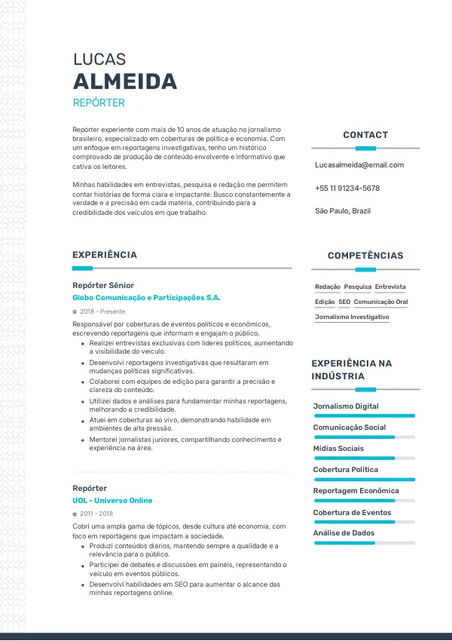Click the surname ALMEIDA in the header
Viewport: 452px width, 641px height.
pyautogui.click(x=125, y=81)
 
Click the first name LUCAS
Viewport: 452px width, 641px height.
pyautogui.click(x=99, y=60)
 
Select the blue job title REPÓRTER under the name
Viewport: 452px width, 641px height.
pyautogui.click(x=99, y=103)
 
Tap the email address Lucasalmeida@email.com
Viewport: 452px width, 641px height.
pyautogui.click(x=359, y=164)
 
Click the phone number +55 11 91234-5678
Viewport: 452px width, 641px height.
pyautogui.click(x=347, y=188)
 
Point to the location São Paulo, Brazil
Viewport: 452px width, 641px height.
pyautogui.click(x=343, y=211)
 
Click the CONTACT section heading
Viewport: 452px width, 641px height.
pyautogui.click(x=365, y=135)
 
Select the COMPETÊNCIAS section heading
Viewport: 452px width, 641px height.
pyautogui.click(x=365, y=256)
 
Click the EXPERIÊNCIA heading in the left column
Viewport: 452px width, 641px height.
pyautogui.click(x=105, y=255)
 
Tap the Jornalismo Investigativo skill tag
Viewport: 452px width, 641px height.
pyautogui.click(x=352, y=317)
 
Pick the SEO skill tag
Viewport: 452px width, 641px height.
pyautogui.click(x=344, y=302)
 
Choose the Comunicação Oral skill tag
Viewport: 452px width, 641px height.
pyautogui.click(x=380, y=302)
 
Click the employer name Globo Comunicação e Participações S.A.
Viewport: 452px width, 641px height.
pyautogui.click(x=146, y=298)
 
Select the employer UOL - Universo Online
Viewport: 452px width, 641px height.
pyautogui.click(x=112, y=501)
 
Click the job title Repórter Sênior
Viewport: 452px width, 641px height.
pyautogui.click(x=103, y=285)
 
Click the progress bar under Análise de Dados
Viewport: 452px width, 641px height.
pyautogui.click(x=364, y=543)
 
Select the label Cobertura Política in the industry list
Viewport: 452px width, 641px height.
pyautogui.click(x=346, y=470)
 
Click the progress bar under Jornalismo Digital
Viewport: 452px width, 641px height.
pyautogui.click(x=364, y=416)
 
